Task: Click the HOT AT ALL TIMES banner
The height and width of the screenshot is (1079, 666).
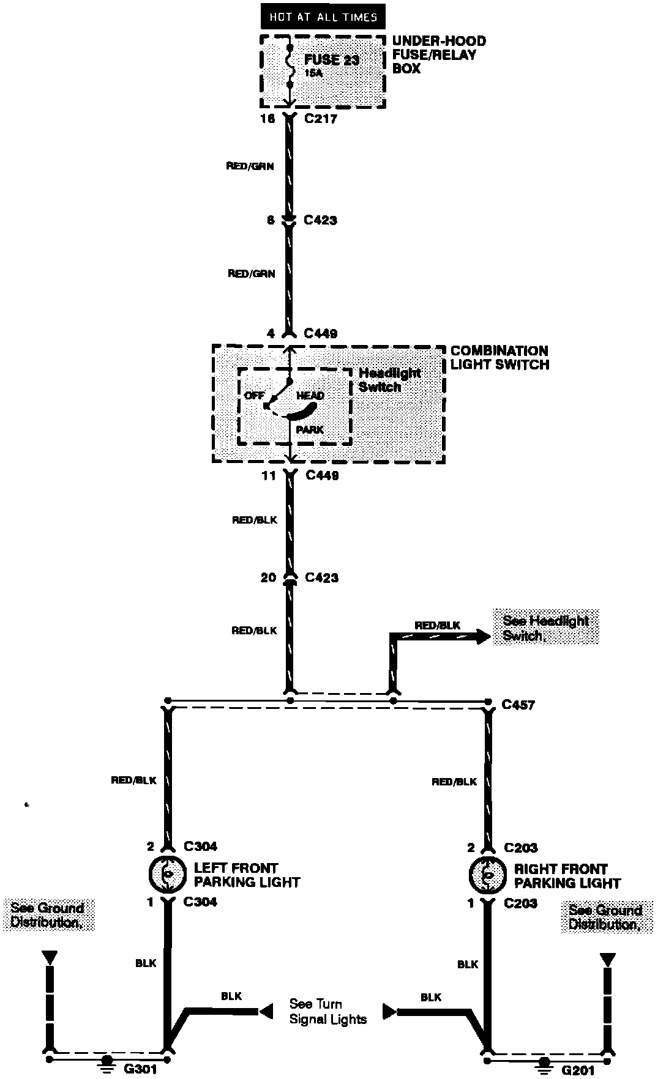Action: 323,17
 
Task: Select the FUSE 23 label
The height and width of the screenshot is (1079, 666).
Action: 332,60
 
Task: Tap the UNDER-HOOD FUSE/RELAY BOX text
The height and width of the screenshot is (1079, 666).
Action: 439,55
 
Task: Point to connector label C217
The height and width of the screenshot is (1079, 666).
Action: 321,119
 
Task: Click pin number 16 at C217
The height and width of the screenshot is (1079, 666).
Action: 268,119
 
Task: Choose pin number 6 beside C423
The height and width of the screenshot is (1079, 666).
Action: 271,220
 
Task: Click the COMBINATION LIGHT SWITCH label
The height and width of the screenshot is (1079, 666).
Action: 500,358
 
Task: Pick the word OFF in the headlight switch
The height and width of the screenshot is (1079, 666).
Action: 254,396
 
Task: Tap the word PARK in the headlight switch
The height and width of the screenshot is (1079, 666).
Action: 310,430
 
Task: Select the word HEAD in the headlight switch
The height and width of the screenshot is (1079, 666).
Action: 310,396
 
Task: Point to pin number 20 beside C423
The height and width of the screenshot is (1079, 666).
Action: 269,577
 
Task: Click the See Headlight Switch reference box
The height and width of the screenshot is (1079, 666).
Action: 546,628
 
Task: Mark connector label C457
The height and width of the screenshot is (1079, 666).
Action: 518,705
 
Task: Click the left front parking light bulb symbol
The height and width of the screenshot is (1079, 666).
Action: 166,875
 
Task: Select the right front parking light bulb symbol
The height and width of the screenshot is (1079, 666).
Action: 487,876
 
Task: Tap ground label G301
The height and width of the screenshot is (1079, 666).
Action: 141,1069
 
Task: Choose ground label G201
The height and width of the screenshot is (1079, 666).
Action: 577,1070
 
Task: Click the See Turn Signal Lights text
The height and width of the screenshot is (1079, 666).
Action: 328,1012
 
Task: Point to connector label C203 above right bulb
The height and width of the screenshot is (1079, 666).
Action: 521,848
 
